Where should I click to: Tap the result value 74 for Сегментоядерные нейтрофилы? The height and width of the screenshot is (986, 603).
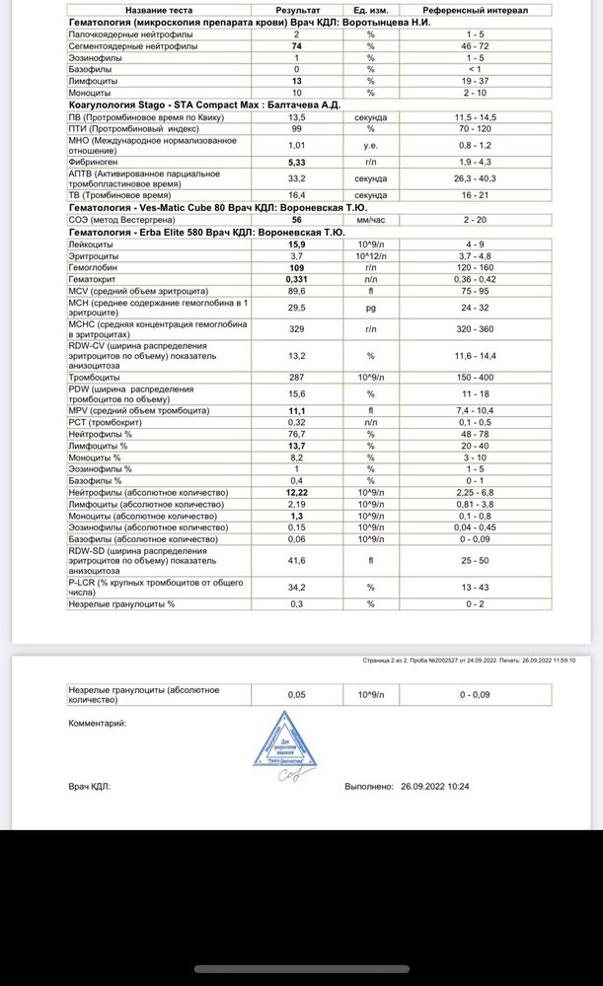click(296, 46)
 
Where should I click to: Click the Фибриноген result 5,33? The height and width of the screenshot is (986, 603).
click(296, 162)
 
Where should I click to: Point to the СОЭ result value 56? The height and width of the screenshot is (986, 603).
click(296, 221)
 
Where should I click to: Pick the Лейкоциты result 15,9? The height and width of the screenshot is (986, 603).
click(296, 245)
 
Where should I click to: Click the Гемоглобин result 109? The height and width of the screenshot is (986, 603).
click(296, 267)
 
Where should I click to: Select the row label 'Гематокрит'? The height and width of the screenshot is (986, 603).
click(95, 279)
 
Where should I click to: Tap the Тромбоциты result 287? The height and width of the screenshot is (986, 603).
click(296, 377)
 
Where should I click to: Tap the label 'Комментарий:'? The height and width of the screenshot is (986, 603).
click(97, 723)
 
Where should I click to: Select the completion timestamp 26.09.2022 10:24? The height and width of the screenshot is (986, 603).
click(434, 787)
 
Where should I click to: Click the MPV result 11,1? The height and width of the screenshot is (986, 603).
click(296, 410)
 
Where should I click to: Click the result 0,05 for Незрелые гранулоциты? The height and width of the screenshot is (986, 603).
click(296, 694)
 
